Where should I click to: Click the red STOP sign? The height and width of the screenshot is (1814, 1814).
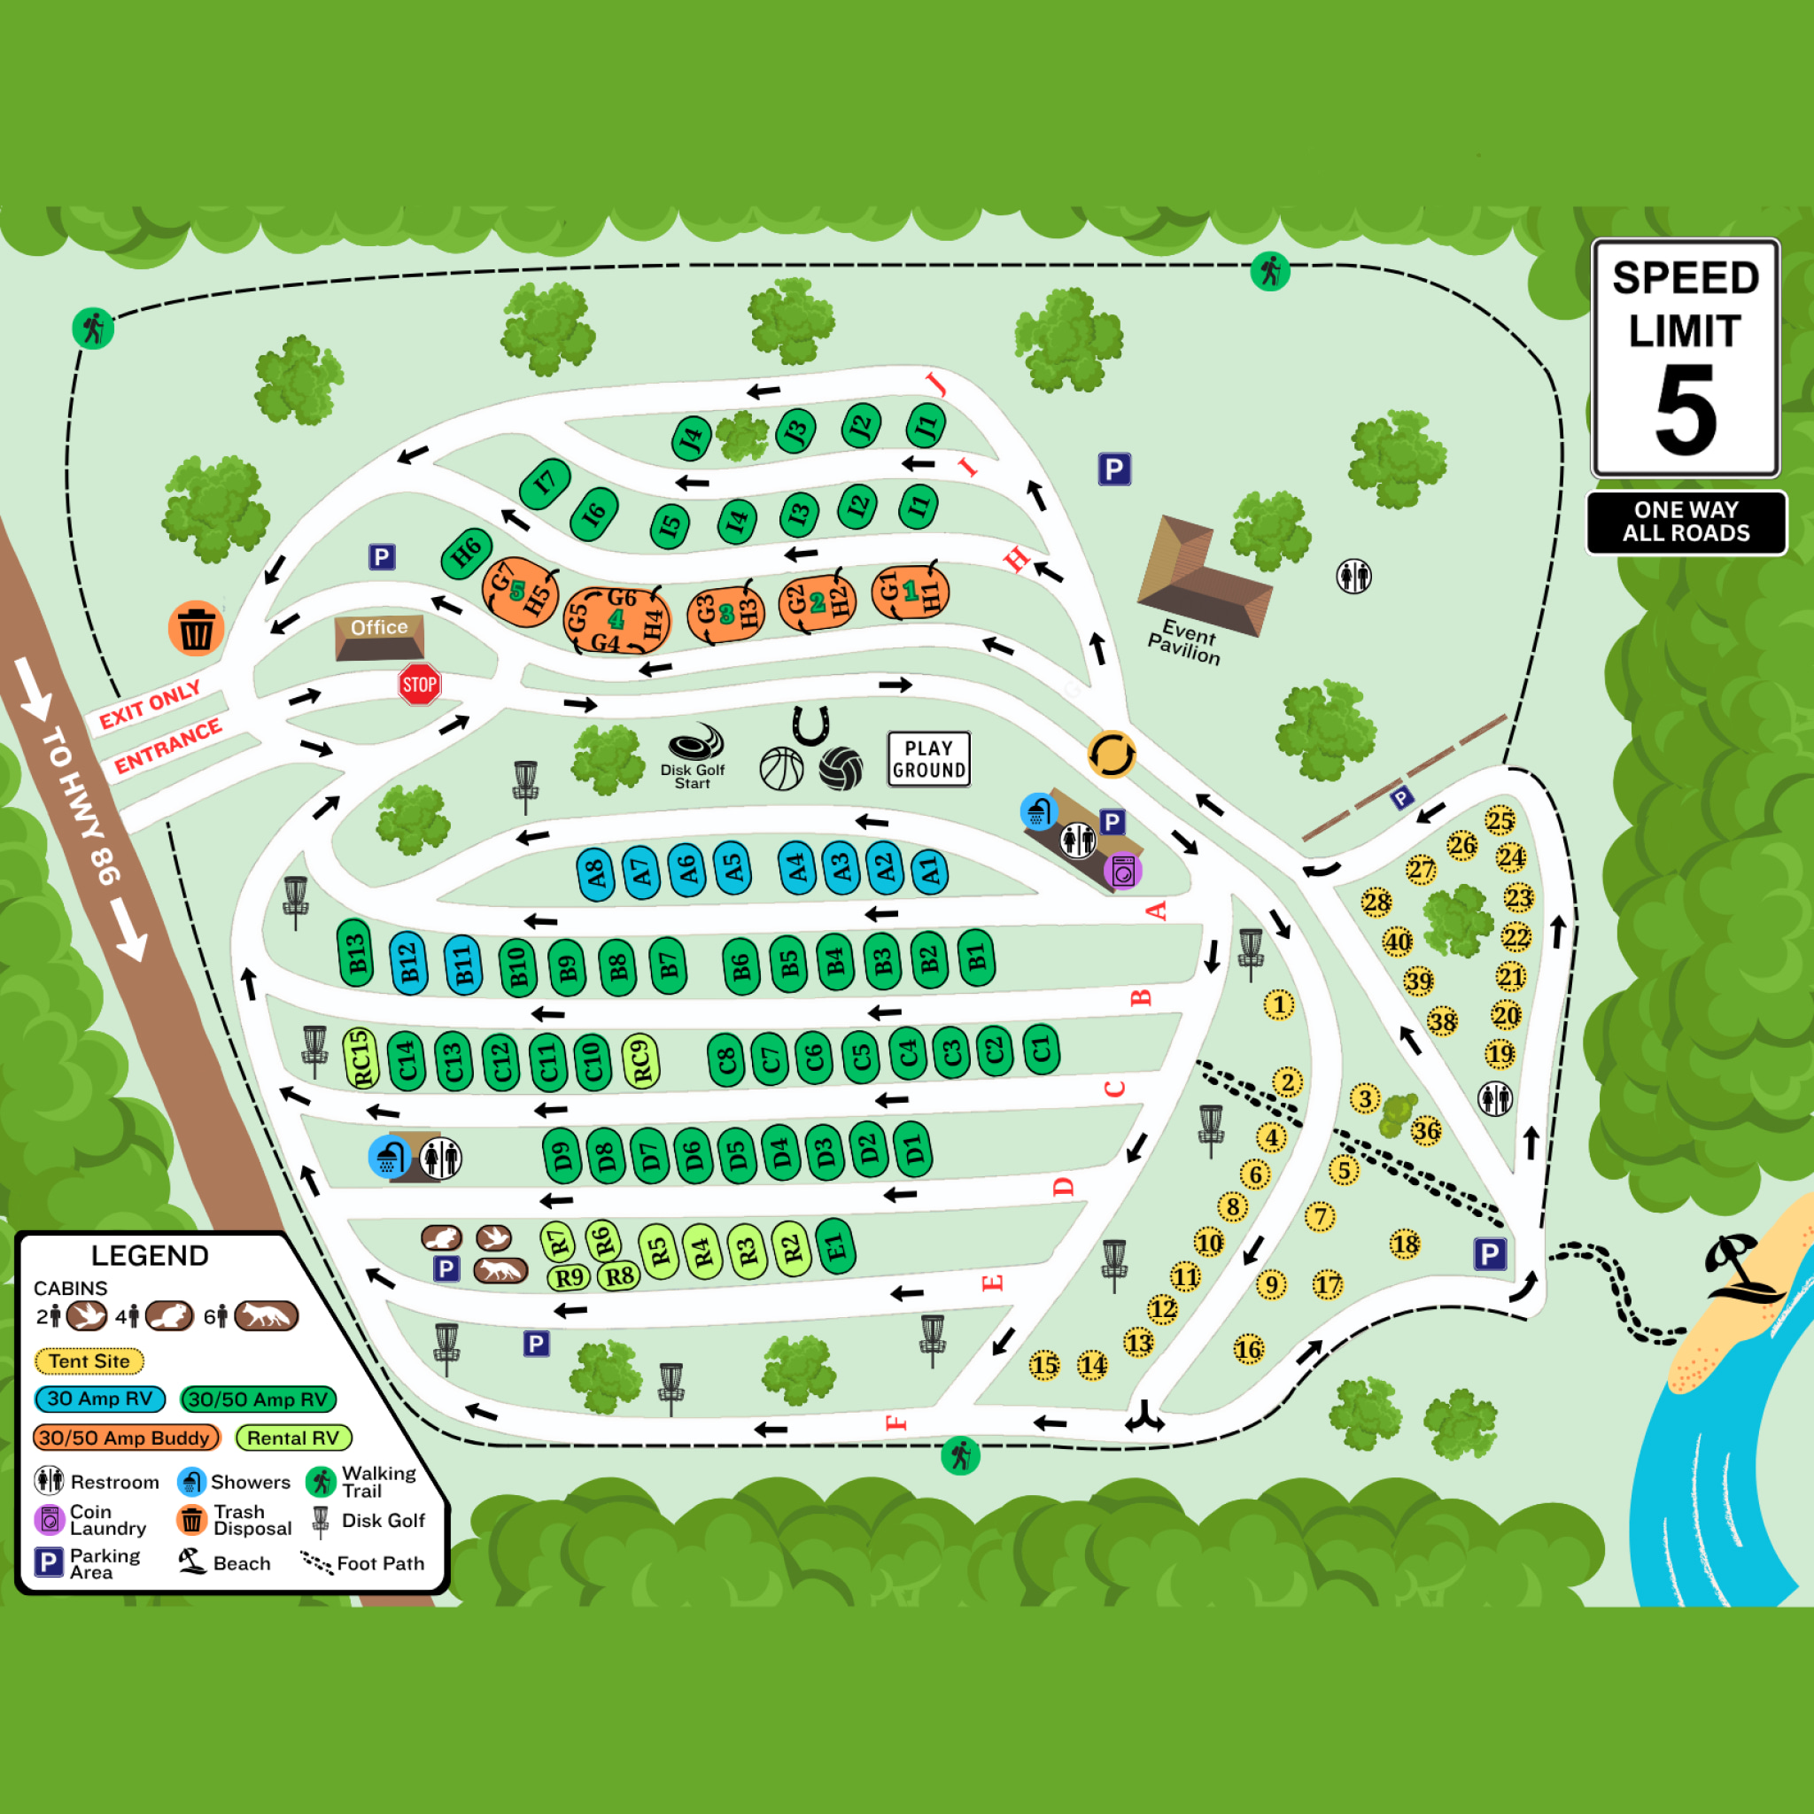[x=419, y=685]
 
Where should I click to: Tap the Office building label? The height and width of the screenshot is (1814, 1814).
[x=379, y=627]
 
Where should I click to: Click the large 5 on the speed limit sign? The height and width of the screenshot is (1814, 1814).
[x=1686, y=409]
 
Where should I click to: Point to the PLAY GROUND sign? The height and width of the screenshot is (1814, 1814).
[x=928, y=759]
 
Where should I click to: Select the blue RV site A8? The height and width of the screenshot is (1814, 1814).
[x=594, y=874]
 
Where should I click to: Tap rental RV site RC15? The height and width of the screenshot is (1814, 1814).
[x=360, y=1058]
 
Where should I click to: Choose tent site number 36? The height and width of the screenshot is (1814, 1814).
[x=1426, y=1130]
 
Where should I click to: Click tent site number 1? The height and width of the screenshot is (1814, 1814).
[x=1279, y=1004]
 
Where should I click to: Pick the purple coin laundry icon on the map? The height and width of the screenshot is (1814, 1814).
[x=1123, y=872]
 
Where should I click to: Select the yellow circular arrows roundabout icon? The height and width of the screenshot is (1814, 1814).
[x=1112, y=755]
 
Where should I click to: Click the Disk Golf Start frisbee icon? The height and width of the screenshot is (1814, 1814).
[x=695, y=742]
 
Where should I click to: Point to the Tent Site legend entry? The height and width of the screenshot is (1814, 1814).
[x=89, y=1360]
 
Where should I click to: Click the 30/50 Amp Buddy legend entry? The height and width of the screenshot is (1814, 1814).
[x=126, y=1438]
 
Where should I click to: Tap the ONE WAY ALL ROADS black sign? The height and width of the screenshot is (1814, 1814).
[x=1686, y=522]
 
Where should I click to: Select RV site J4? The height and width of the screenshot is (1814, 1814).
[x=692, y=438]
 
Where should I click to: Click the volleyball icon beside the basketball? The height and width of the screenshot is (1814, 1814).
[x=841, y=769]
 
